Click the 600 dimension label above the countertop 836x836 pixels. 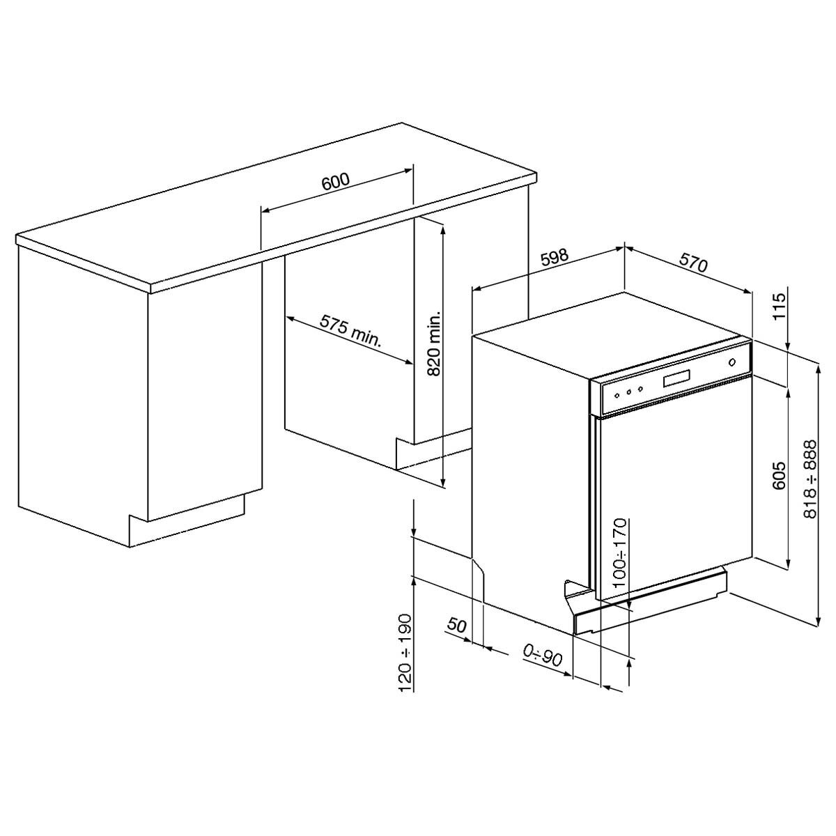pos(335,183)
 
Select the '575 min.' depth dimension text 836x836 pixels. pos(350,331)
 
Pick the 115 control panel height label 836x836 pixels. pos(780,306)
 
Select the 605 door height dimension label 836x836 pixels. pos(779,477)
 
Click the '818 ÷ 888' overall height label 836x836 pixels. pos(810,479)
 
